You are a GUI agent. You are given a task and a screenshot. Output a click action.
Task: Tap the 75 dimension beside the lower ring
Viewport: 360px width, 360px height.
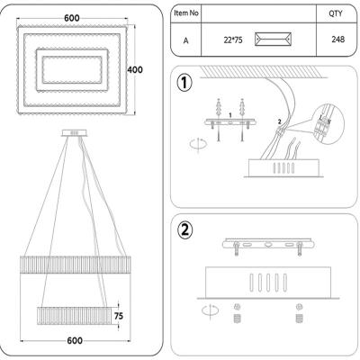pos(118,316)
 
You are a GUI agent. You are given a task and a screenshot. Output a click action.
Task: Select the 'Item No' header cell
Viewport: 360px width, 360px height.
pos(187,13)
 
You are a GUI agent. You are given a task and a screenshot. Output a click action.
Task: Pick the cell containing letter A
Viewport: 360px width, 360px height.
pos(187,40)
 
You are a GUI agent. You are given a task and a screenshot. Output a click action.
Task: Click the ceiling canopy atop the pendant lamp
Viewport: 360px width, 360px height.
pos(71,134)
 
